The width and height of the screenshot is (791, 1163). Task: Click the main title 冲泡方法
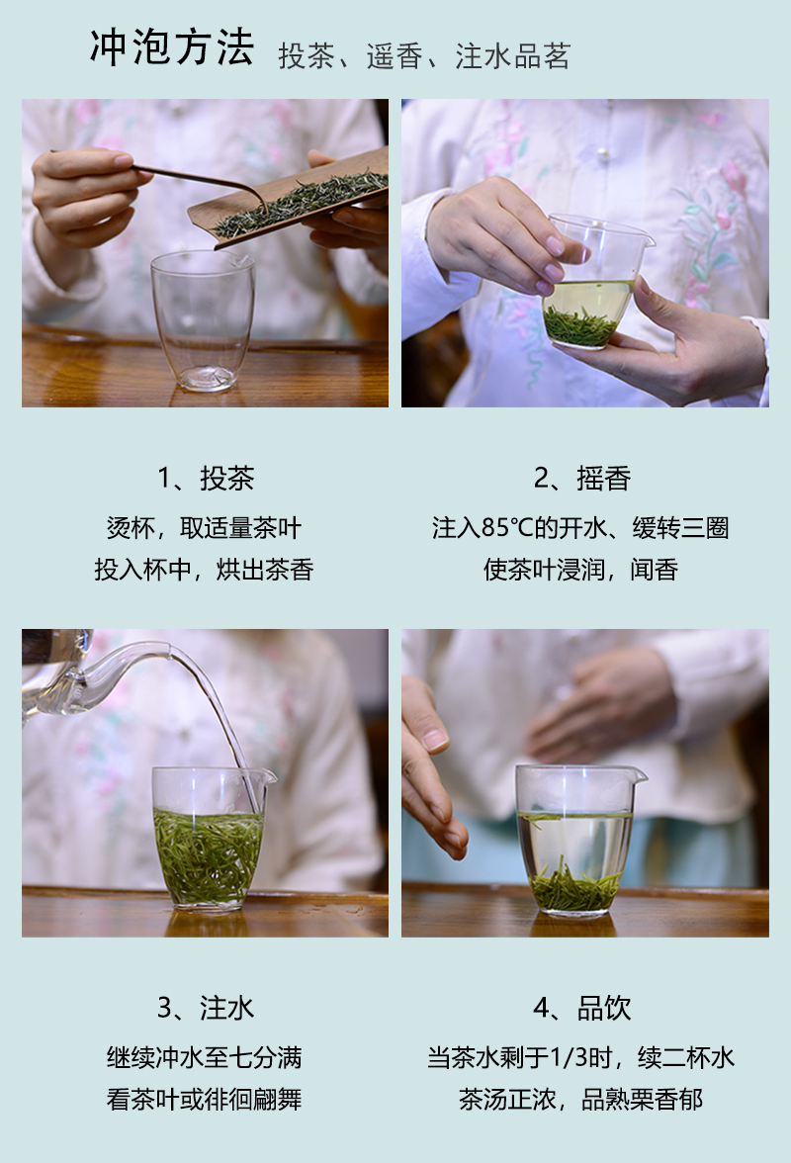[x=172, y=48]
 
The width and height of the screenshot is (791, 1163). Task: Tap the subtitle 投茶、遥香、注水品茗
[x=424, y=56]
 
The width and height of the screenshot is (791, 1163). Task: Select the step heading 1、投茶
[x=206, y=479]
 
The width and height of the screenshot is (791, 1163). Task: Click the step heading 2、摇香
[x=582, y=479]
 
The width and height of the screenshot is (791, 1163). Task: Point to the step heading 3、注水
[x=206, y=1008]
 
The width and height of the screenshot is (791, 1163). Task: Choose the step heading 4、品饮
[x=582, y=1008]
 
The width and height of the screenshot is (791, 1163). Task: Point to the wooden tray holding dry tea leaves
[x=289, y=197]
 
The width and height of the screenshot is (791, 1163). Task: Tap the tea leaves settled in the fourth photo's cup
[x=576, y=887]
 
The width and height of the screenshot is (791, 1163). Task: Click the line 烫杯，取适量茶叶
[x=204, y=528]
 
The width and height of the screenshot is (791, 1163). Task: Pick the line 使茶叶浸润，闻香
[x=581, y=570]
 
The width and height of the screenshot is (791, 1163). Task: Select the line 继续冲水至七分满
[x=204, y=1057]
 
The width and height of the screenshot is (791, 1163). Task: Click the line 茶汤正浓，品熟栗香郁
[x=581, y=1099]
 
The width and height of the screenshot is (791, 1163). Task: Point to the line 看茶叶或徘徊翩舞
[x=204, y=1099]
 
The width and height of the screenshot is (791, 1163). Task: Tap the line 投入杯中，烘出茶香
[x=204, y=570]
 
